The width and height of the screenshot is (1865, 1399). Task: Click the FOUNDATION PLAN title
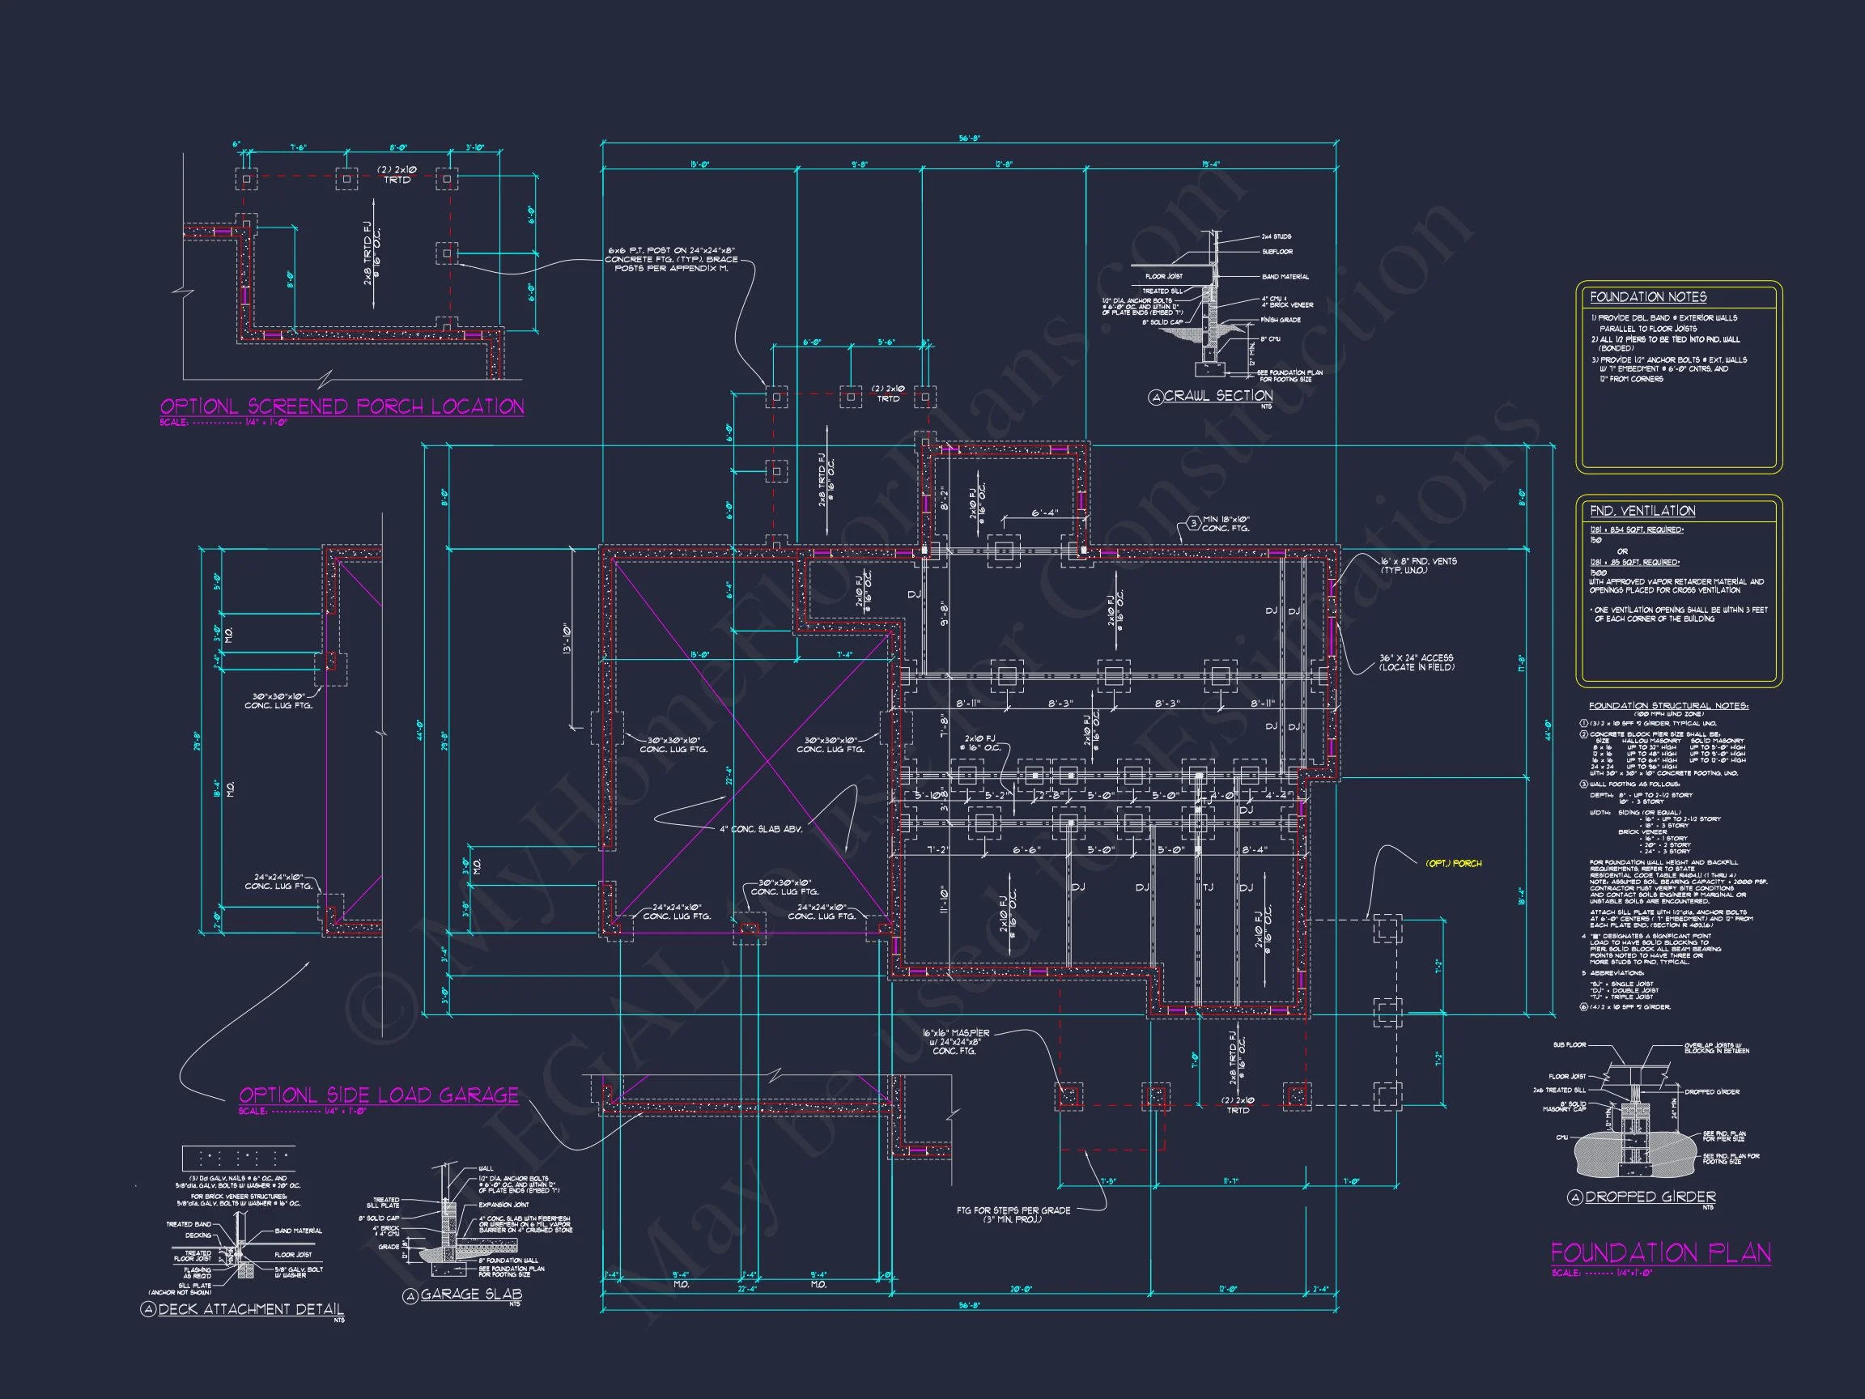click(1660, 1253)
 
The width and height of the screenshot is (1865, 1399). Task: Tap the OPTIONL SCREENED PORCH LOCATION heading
click(342, 406)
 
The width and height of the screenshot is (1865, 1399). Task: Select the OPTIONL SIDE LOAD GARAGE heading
click(379, 1095)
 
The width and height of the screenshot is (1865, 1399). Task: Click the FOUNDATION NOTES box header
click(1647, 297)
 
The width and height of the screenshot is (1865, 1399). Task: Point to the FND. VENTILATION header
click(1642, 511)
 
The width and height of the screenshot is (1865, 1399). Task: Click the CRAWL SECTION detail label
click(1217, 396)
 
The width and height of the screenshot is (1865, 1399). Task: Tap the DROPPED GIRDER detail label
click(1649, 1197)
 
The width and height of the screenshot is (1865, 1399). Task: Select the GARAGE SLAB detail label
click(470, 1295)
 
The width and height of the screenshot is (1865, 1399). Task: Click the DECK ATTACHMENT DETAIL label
click(250, 1309)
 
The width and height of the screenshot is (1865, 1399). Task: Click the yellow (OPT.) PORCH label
click(1453, 864)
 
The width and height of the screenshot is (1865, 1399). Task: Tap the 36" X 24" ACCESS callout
click(1416, 662)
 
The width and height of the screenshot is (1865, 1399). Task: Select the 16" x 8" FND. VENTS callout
click(1418, 565)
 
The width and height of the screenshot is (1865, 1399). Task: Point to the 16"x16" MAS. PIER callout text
click(955, 1041)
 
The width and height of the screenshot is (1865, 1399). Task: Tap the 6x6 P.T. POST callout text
click(671, 259)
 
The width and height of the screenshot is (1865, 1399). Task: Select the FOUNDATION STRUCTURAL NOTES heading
click(1667, 706)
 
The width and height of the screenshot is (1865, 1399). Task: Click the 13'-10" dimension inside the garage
click(568, 640)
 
